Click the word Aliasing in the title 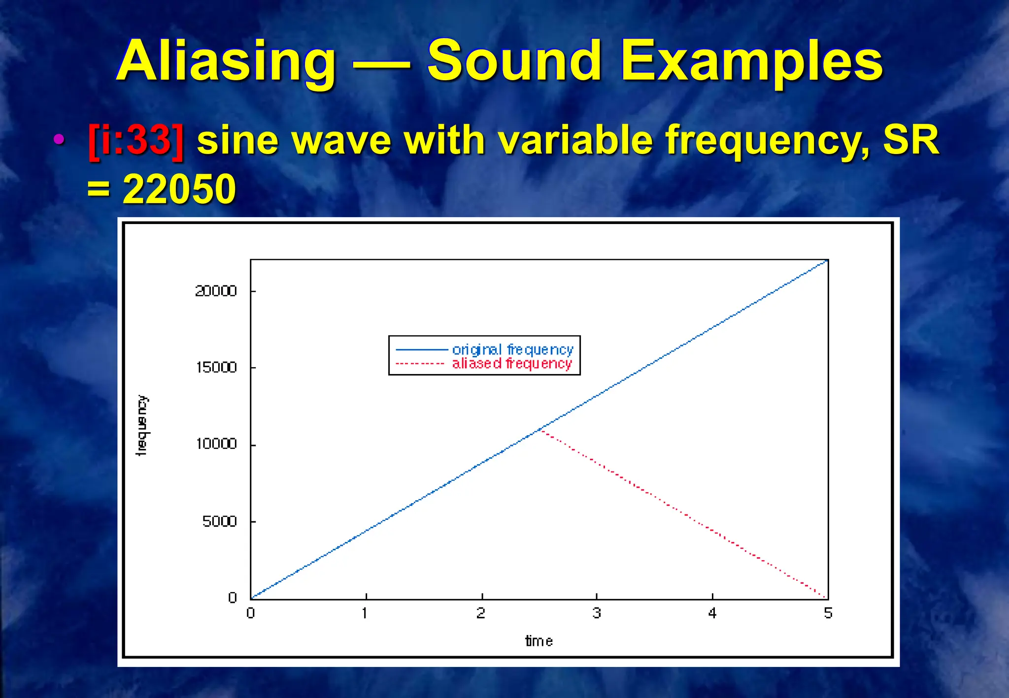(226, 61)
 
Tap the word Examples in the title (751, 61)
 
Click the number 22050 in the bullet (179, 189)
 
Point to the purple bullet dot (59, 139)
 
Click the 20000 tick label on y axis (216, 291)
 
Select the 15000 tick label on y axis (216, 367)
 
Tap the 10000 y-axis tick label (216, 444)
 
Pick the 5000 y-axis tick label (220, 521)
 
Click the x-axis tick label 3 (597, 613)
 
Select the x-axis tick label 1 (365, 613)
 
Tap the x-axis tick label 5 (828, 613)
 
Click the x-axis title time (539, 641)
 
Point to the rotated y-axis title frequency (141, 426)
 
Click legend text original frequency (513, 349)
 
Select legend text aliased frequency (512, 364)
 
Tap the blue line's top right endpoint (827, 260)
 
